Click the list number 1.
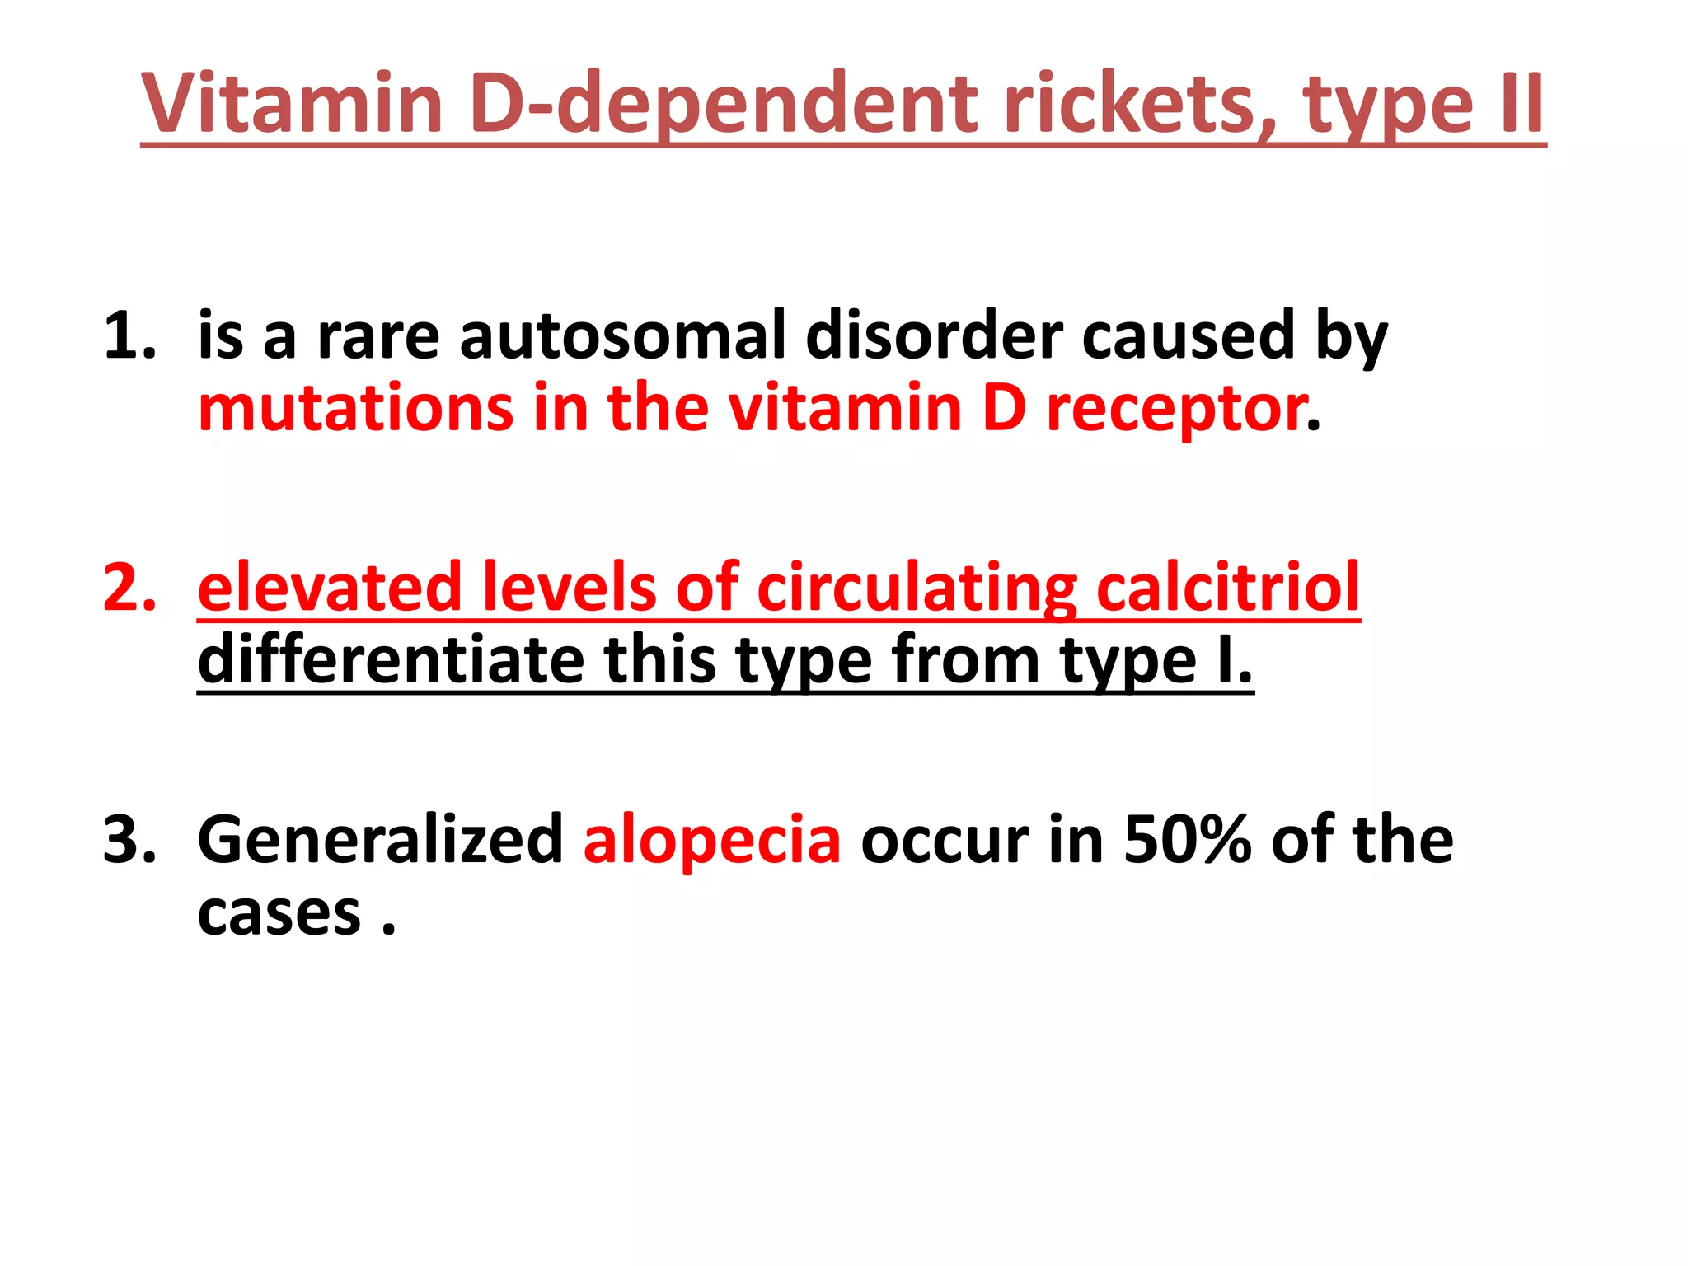click(x=129, y=335)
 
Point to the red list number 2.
click(x=129, y=588)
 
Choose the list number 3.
click(x=129, y=840)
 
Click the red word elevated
click(x=330, y=588)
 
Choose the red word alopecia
click(x=712, y=840)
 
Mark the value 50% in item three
click(x=1188, y=840)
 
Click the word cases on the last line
click(x=279, y=913)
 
